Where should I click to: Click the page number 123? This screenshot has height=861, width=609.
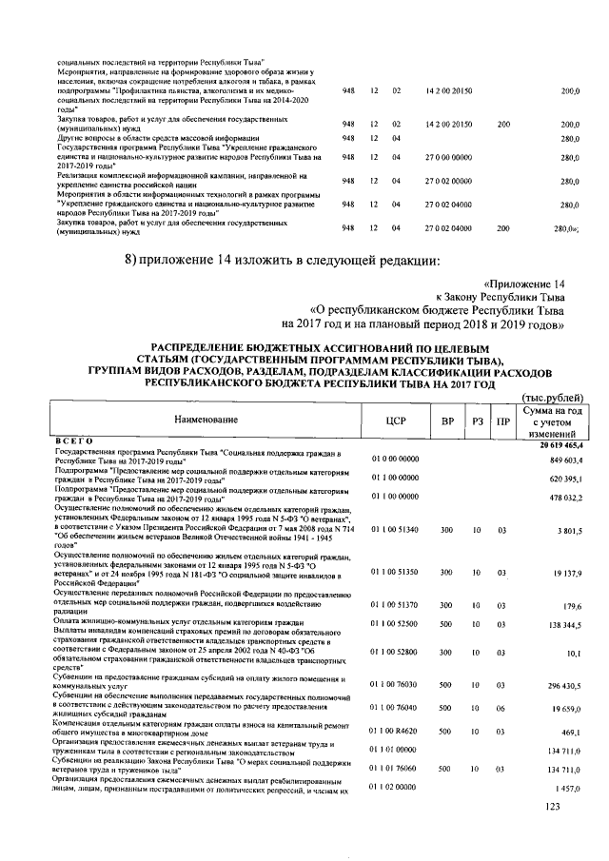tap(550, 807)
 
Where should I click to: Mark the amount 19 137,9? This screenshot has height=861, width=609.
tap(567, 573)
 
